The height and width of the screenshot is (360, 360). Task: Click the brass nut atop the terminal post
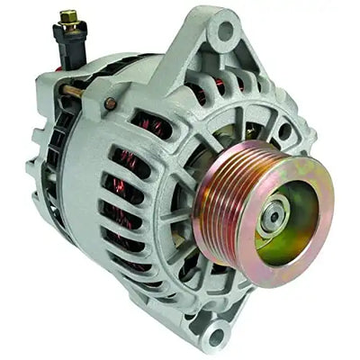coord(67,17)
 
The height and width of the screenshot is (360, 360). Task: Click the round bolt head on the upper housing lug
coord(110,103)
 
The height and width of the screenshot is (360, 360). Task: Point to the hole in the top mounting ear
coord(225,32)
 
